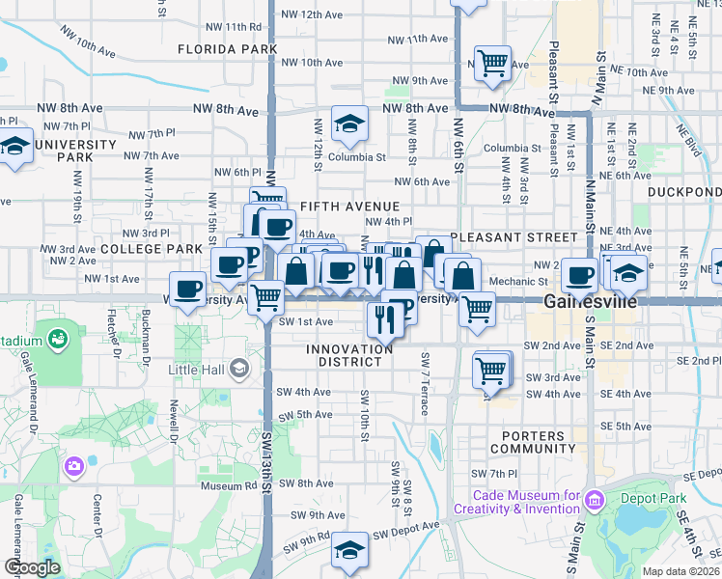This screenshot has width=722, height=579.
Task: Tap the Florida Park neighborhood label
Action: pyautogui.click(x=228, y=48)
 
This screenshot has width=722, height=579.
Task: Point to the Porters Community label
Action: pyautogui.click(x=533, y=442)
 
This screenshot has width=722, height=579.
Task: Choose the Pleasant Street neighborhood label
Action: pyautogui.click(x=513, y=236)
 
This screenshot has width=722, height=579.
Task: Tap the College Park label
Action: pyautogui.click(x=151, y=249)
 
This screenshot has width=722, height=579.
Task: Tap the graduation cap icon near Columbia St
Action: pyautogui.click(x=349, y=124)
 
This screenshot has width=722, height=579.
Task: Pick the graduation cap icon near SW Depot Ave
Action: pyautogui.click(x=349, y=550)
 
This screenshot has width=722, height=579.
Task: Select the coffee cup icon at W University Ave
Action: pyautogui.click(x=187, y=288)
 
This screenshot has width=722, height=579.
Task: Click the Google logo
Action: pyautogui.click(x=32, y=567)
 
